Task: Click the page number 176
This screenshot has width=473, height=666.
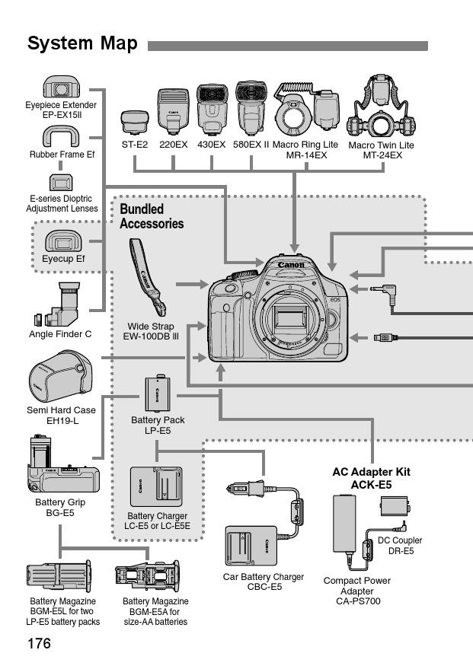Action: pyautogui.click(x=39, y=644)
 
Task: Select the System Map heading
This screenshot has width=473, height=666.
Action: pyautogui.click(x=82, y=43)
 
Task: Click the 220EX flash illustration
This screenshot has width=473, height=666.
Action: pyautogui.click(x=173, y=111)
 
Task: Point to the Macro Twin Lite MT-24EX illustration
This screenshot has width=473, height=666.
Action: pyautogui.click(x=380, y=107)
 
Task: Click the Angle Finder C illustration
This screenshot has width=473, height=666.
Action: pyautogui.click(x=61, y=303)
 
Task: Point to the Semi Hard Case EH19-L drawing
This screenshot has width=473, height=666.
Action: pyautogui.click(x=58, y=378)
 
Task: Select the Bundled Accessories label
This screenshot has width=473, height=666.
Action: pyautogui.click(x=152, y=216)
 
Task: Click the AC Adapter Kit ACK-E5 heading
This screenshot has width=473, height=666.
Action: pyautogui.click(x=371, y=477)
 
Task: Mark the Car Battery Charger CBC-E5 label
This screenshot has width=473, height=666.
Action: pyautogui.click(x=263, y=582)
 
